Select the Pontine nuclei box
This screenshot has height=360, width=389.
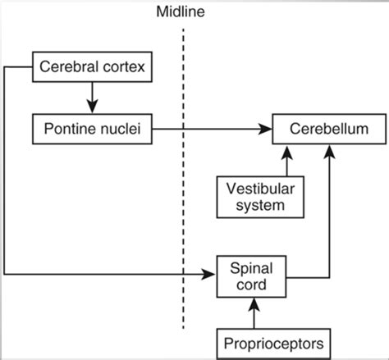tap(92, 129)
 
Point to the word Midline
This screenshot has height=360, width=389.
tap(182, 12)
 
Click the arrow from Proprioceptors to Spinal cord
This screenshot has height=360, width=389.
tap(254, 313)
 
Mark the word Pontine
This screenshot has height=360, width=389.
tap(70, 129)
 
